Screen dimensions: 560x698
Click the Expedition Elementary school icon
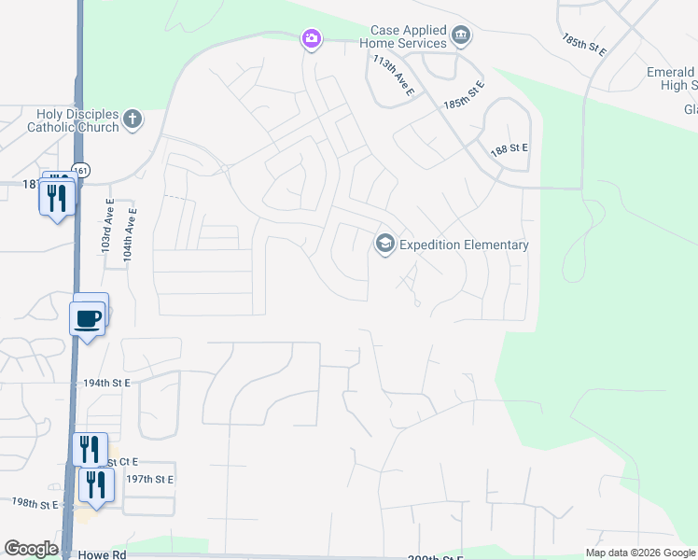coord(384,245)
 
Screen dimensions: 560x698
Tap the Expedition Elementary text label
coord(464,245)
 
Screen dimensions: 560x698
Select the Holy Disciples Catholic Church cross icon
coord(133,119)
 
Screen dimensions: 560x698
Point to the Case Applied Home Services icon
coord(460,36)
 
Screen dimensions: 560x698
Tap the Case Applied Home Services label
coord(409,37)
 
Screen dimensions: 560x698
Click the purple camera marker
coord(311,39)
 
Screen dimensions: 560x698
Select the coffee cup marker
coord(88,318)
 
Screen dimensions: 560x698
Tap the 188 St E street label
coord(510,149)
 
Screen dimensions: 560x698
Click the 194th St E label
coord(106,383)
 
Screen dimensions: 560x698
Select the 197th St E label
coord(150,479)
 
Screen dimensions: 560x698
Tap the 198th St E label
coord(35,503)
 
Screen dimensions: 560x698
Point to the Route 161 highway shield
coord(82,170)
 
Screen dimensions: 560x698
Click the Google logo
coord(31,549)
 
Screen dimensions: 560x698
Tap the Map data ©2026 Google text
coord(640,553)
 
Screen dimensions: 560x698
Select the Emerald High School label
coord(672,78)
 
